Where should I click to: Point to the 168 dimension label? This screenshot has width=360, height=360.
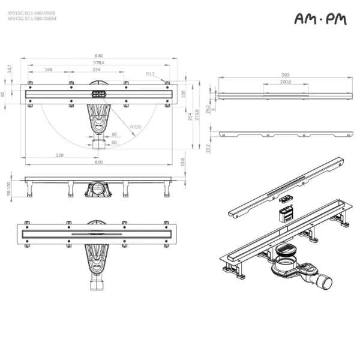(x=49, y=70)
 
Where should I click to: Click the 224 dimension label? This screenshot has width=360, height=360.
(x=96, y=70)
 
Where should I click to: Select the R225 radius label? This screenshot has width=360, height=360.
(x=136, y=127)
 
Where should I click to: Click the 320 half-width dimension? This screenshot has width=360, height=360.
(x=59, y=155)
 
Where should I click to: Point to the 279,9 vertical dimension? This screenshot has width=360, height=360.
(x=197, y=114)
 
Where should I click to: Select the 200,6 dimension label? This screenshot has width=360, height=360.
(x=286, y=82)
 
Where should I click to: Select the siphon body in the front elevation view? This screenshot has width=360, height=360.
(x=98, y=190)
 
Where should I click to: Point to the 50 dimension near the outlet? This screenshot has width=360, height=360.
(x=114, y=143)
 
